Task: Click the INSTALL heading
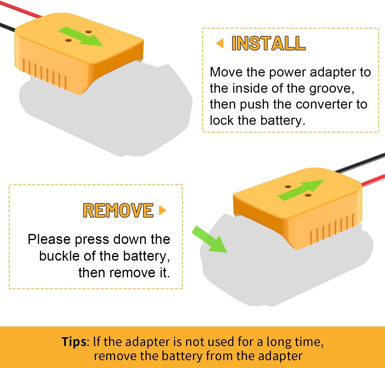point(268,43)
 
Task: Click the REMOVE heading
point(118,211)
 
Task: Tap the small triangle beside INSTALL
point(220,43)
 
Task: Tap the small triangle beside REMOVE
point(162,210)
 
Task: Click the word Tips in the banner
point(74,342)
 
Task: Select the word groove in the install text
point(331,88)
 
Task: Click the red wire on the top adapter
point(23,10)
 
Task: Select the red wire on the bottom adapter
point(373,180)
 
